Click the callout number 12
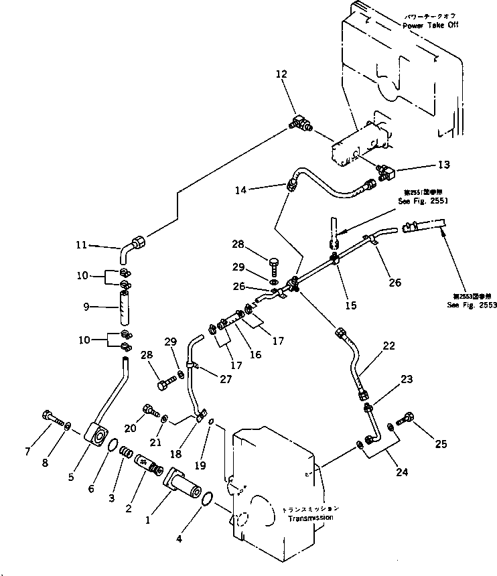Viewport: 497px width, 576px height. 281,74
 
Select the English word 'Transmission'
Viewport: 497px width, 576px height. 309,518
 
